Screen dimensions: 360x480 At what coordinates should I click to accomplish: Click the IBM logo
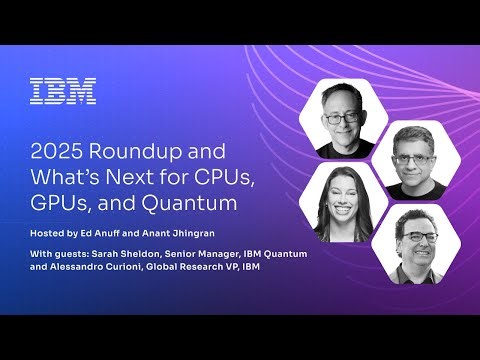click(x=63, y=92)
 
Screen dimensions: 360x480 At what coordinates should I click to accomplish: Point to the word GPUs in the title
click(x=57, y=204)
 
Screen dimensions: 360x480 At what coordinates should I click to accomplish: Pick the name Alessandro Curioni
click(x=101, y=268)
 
